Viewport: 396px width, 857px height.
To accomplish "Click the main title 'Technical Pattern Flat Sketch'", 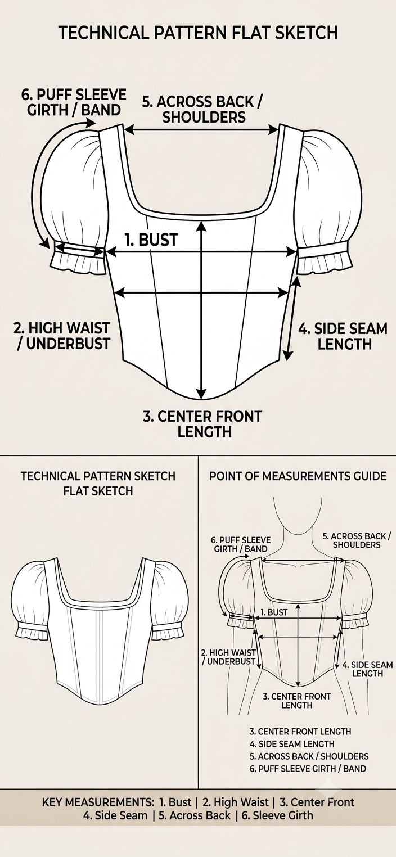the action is pos(198,33).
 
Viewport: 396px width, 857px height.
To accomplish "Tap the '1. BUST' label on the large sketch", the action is pos(151,240).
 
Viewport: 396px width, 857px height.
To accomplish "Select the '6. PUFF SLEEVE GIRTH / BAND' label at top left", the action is pos(74,102).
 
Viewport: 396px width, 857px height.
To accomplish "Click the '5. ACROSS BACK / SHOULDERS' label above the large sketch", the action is pos(203,109).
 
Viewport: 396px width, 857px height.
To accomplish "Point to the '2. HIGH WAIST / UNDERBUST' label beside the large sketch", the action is pos(62,336).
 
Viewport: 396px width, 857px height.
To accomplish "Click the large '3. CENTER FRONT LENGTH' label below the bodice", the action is pos(203,423).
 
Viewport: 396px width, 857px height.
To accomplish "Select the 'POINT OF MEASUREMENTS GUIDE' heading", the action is pos(298,476).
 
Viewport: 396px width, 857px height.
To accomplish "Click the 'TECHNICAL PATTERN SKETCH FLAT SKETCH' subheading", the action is pos(98,483).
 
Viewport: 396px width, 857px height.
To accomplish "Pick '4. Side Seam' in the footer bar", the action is pos(115,815).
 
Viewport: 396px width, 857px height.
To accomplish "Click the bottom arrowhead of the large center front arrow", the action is pos(201,394).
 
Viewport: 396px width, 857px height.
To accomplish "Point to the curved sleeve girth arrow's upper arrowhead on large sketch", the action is pos(91,123).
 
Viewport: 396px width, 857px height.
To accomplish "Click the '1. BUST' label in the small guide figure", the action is pos(274,612).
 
